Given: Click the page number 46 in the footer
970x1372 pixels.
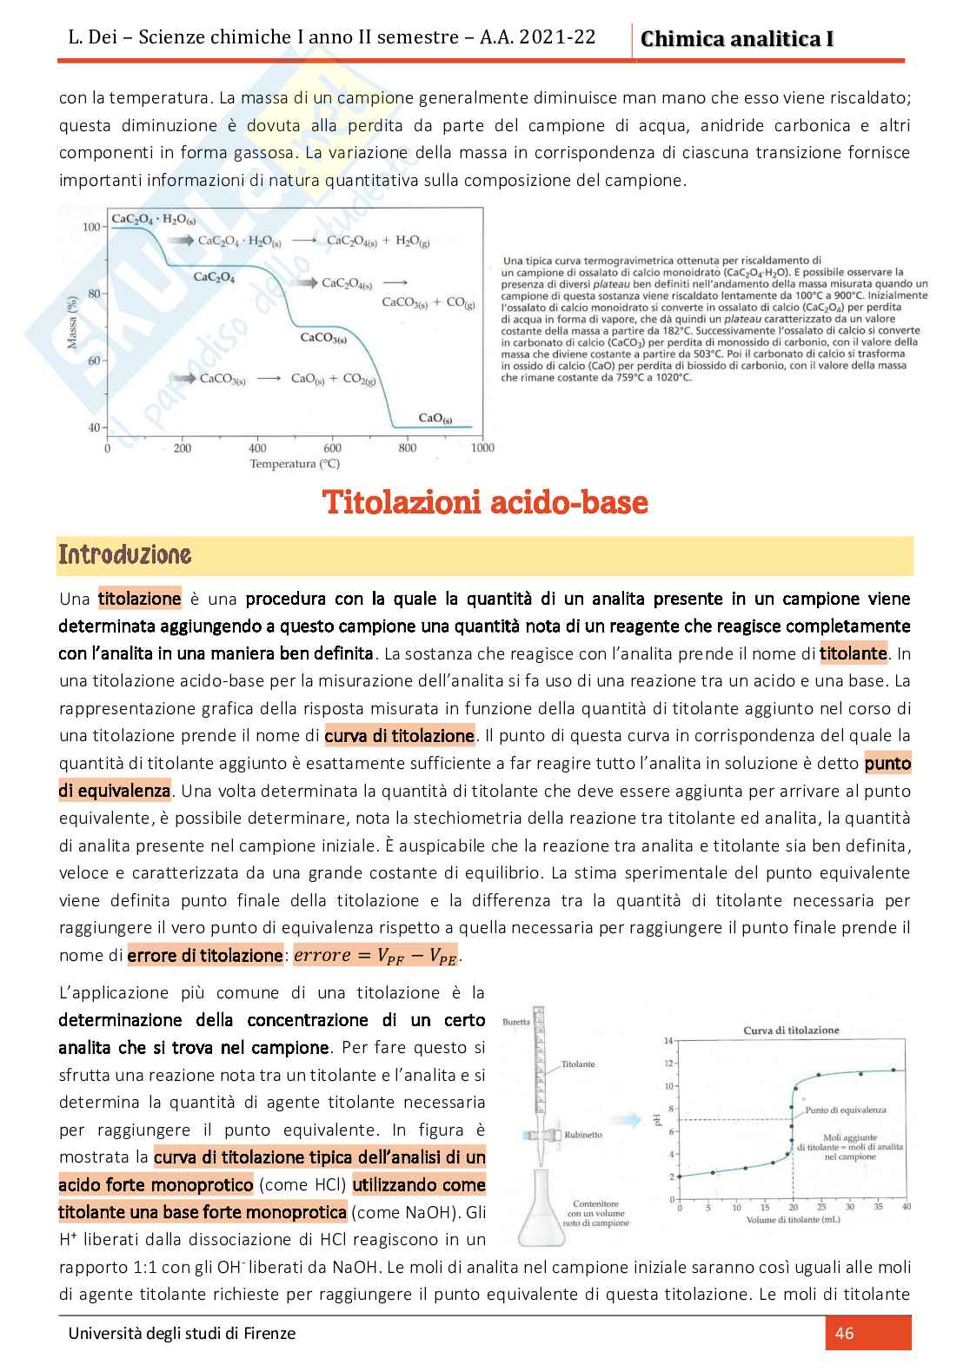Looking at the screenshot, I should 844,1333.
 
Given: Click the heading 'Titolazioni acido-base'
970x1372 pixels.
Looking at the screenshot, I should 485,502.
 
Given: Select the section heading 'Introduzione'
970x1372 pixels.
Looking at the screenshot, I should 124,555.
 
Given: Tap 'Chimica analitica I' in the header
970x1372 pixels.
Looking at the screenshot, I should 736,39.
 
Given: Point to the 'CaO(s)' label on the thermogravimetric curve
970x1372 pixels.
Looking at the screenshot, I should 435,418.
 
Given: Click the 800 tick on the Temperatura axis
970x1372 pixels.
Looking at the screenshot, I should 408,448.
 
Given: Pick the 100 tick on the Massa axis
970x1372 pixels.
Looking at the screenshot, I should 91,227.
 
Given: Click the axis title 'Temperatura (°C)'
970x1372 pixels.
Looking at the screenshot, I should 295,464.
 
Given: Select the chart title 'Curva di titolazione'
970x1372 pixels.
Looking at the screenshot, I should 791,1031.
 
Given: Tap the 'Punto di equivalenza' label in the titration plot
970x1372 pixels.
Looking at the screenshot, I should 846,1110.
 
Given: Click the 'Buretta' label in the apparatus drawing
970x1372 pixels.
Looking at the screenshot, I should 515,1022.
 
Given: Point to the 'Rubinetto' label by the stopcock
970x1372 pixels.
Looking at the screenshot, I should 582,1135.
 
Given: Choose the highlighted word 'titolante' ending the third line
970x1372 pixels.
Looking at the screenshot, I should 854,653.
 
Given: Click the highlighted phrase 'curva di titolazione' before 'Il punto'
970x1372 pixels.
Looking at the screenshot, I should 400,736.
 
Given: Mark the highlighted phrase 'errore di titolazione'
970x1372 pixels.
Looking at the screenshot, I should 205,956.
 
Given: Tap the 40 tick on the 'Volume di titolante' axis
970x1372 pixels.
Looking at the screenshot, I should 907,1207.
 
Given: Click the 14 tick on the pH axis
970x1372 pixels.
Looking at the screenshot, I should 668,1041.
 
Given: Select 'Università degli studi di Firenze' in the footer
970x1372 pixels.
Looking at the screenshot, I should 182,1333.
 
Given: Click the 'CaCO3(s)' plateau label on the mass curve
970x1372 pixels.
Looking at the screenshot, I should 323,338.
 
